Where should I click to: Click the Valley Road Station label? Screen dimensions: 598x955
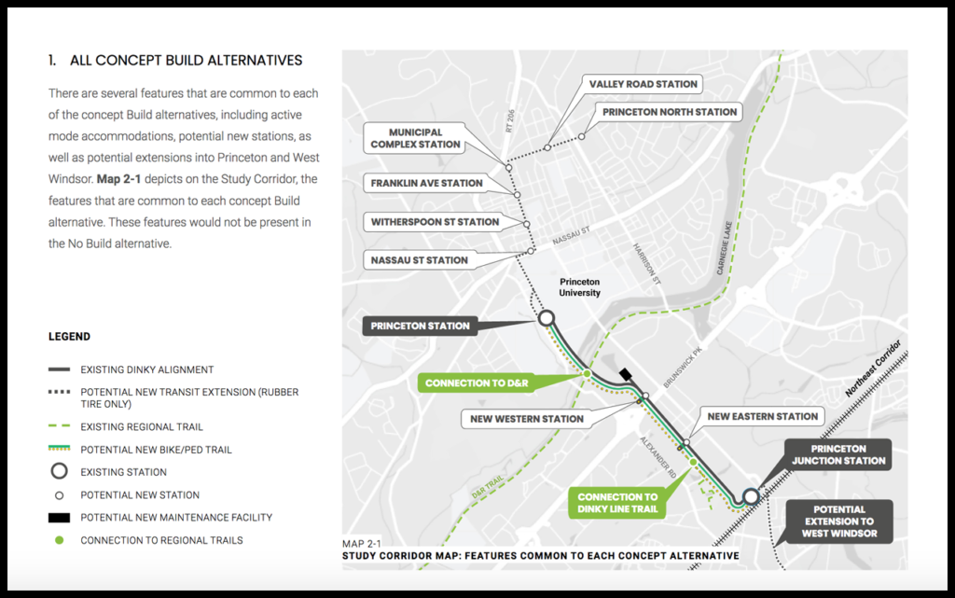pyautogui.click(x=643, y=84)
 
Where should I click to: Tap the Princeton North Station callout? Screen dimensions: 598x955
pyautogui.click(x=670, y=112)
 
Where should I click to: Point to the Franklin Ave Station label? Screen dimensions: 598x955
pyautogui.click(x=426, y=183)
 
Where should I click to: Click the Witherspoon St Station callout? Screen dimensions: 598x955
pyautogui.click(x=435, y=222)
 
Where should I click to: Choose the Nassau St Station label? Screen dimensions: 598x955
pyautogui.click(x=419, y=260)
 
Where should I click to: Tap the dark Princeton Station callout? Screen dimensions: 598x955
pyautogui.click(x=420, y=327)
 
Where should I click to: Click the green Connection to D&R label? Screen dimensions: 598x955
pyautogui.click(x=477, y=383)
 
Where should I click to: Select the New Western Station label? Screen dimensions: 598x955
pyautogui.click(x=527, y=419)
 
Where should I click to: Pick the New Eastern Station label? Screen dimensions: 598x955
pyautogui.click(x=762, y=416)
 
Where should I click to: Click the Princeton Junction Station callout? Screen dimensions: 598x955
pyautogui.click(x=838, y=454)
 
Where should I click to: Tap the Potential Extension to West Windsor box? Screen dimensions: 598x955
pyautogui.click(x=837, y=522)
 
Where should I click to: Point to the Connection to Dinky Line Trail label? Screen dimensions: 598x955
pyautogui.click(x=616, y=503)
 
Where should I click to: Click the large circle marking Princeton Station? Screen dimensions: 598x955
pyautogui.click(x=547, y=318)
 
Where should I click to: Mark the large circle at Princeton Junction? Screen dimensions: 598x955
pyautogui.click(x=751, y=495)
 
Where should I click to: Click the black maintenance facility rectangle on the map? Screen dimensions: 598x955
pyautogui.click(x=625, y=374)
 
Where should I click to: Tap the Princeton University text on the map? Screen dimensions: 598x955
pyautogui.click(x=579, y=287)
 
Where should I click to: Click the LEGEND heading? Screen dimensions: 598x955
pyautogui.click(x=69, y=337)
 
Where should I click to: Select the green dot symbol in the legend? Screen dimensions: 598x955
pyautogui.click(x=59, y=540)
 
